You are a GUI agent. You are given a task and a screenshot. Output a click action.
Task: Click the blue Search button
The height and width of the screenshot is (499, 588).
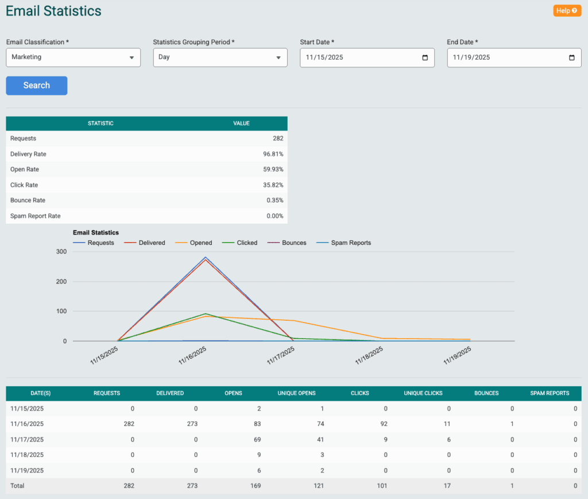click(37, 86)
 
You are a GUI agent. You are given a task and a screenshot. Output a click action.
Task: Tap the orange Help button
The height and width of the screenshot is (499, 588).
click(567, 10)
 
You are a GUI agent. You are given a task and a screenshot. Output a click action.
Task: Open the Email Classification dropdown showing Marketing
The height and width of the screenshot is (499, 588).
click(73, 57)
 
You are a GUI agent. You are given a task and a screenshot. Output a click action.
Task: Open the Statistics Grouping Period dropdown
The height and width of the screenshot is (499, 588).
click(220, 57)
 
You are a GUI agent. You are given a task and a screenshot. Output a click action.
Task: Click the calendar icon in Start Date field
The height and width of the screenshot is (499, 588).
click(425, 57)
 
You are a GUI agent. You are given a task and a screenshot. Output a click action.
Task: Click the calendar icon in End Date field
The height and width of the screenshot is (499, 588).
click(571, 57)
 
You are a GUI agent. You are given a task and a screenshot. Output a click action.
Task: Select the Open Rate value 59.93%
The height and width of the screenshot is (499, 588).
click(273, 170)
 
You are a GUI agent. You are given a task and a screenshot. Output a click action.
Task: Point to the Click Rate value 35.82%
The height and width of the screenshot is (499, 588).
click(273, 185)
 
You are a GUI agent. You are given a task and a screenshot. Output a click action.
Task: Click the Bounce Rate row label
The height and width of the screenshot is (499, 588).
click(28, 201)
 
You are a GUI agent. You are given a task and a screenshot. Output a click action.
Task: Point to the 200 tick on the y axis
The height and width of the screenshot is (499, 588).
click(61, 282)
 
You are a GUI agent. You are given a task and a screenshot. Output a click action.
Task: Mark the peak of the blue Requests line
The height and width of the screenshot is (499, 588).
click(206, 257)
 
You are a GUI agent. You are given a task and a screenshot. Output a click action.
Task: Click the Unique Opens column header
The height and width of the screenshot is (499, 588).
click(297, 394)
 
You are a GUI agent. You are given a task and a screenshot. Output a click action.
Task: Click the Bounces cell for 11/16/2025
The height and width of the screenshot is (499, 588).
click(511, 424)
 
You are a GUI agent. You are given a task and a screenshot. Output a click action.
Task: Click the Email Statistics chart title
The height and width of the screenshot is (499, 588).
click(96, 233)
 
